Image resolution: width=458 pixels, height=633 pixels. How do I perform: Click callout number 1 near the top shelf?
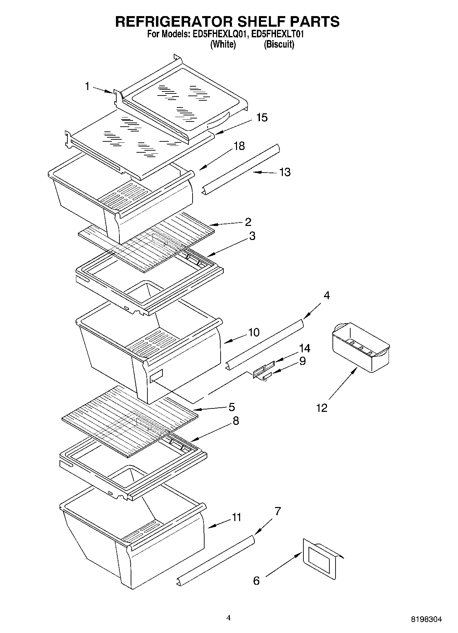[88, 86]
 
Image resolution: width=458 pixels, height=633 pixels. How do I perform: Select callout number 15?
[262, 117]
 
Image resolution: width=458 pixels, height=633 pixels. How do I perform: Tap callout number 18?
[239, 146]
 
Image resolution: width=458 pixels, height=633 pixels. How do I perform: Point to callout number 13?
[285, 172]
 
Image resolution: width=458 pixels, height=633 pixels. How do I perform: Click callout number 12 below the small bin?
[322, 408]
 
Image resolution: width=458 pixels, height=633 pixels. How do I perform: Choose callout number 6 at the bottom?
[257, 581]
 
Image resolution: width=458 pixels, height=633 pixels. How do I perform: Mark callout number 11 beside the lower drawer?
[237, 517]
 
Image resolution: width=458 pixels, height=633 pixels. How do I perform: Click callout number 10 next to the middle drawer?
[254, 332]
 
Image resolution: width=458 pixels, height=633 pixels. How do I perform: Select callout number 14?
[304, 349]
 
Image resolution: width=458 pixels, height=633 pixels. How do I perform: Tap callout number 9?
[302, 361]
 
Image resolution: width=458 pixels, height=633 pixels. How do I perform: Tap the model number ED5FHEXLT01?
[277, 34]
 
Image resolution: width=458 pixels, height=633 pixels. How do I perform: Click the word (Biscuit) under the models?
[279, 45]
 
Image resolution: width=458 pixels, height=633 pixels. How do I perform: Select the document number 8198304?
[426, 619]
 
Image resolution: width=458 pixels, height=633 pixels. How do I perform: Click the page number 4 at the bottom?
[228, 618]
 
